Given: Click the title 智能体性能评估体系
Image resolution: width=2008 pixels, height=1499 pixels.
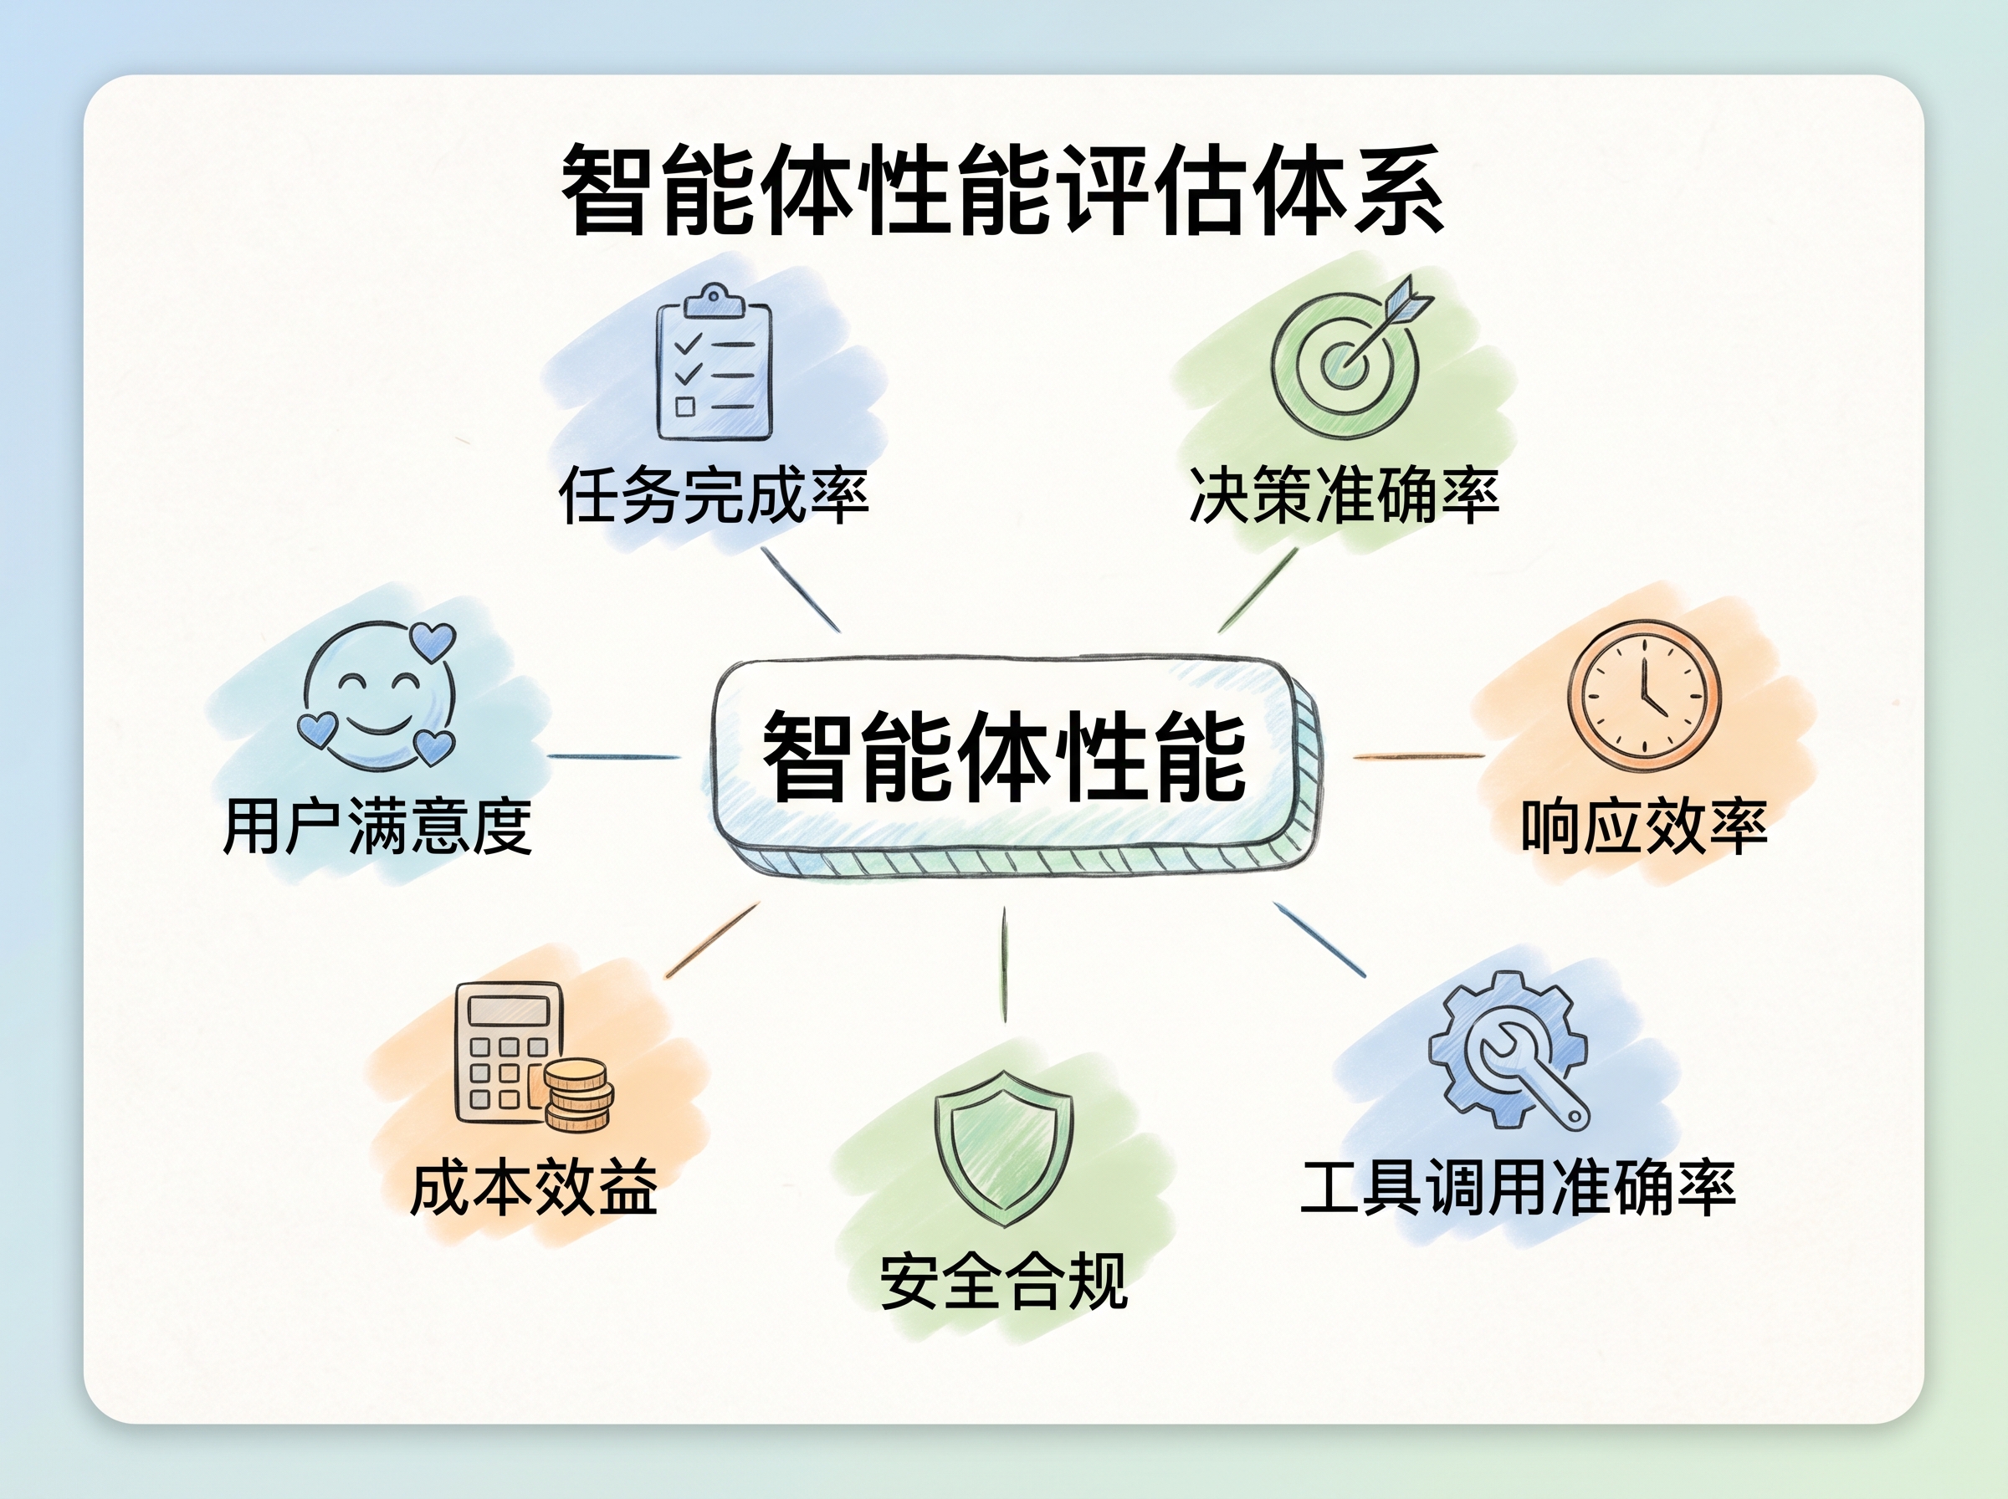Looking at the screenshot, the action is click(1002, 191).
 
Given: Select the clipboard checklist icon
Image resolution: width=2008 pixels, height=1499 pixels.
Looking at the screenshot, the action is click(715, 363).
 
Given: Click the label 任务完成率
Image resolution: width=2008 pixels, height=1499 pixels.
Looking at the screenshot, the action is click(715, 495).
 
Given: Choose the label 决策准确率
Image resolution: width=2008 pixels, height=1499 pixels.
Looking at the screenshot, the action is click(1344, 495).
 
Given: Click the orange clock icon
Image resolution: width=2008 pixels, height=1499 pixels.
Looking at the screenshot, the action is click(1643, 696).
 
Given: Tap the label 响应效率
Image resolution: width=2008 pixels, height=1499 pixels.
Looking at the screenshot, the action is click(1644, 826).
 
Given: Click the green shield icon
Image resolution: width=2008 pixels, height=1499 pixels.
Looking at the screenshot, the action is click(1003, 1149).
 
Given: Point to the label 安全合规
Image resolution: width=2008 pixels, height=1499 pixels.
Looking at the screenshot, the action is click(1003, 1282).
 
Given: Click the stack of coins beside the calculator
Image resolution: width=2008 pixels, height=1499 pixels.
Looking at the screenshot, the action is click(578, 1095).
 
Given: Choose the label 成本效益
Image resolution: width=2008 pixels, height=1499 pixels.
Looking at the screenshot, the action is click(534, 1189).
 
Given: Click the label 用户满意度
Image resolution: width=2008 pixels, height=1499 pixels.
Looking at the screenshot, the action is click(377, 826).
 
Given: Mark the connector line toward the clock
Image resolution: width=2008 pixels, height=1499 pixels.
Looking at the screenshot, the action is click(1419, 756).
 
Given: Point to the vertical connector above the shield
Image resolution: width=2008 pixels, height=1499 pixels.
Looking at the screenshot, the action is click(1005, 964).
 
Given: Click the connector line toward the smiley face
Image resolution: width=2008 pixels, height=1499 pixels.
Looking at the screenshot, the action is click(614, 756).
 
